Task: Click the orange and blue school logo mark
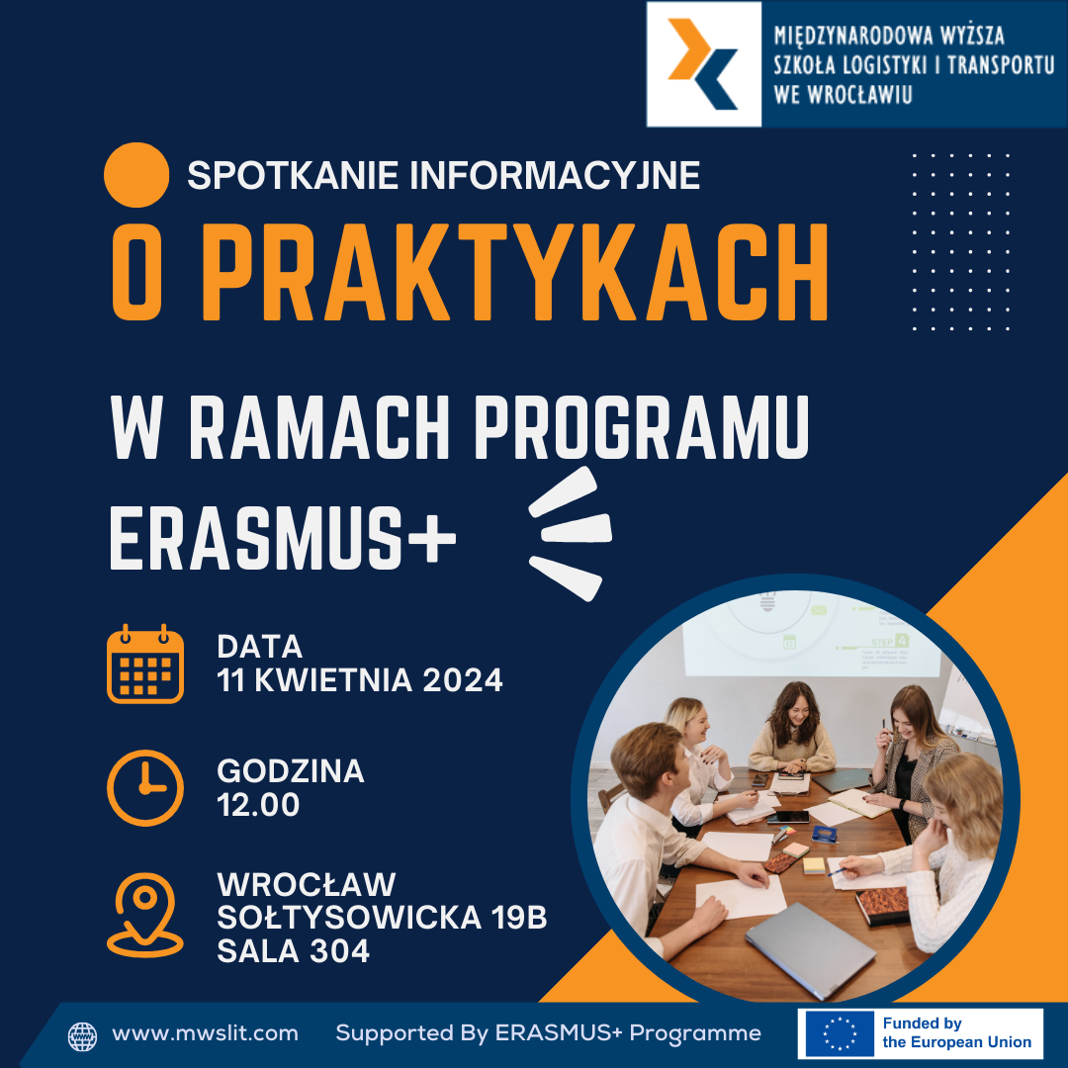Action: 703,63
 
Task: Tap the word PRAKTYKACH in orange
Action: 515,272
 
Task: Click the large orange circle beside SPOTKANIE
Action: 136,175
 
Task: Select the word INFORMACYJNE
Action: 555,175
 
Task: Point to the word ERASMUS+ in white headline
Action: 283,537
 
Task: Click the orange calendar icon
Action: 145,664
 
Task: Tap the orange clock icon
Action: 145,788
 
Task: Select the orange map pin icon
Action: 145,915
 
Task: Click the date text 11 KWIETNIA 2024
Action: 360,679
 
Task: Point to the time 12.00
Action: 258,804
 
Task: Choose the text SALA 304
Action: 293,951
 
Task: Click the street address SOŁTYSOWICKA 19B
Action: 382,918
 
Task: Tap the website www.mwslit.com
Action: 205,1033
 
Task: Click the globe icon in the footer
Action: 82,1036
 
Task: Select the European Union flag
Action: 840,1033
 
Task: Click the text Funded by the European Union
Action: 956,1032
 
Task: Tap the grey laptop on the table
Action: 810,948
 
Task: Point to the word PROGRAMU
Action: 642,428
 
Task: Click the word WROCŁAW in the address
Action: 306,884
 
